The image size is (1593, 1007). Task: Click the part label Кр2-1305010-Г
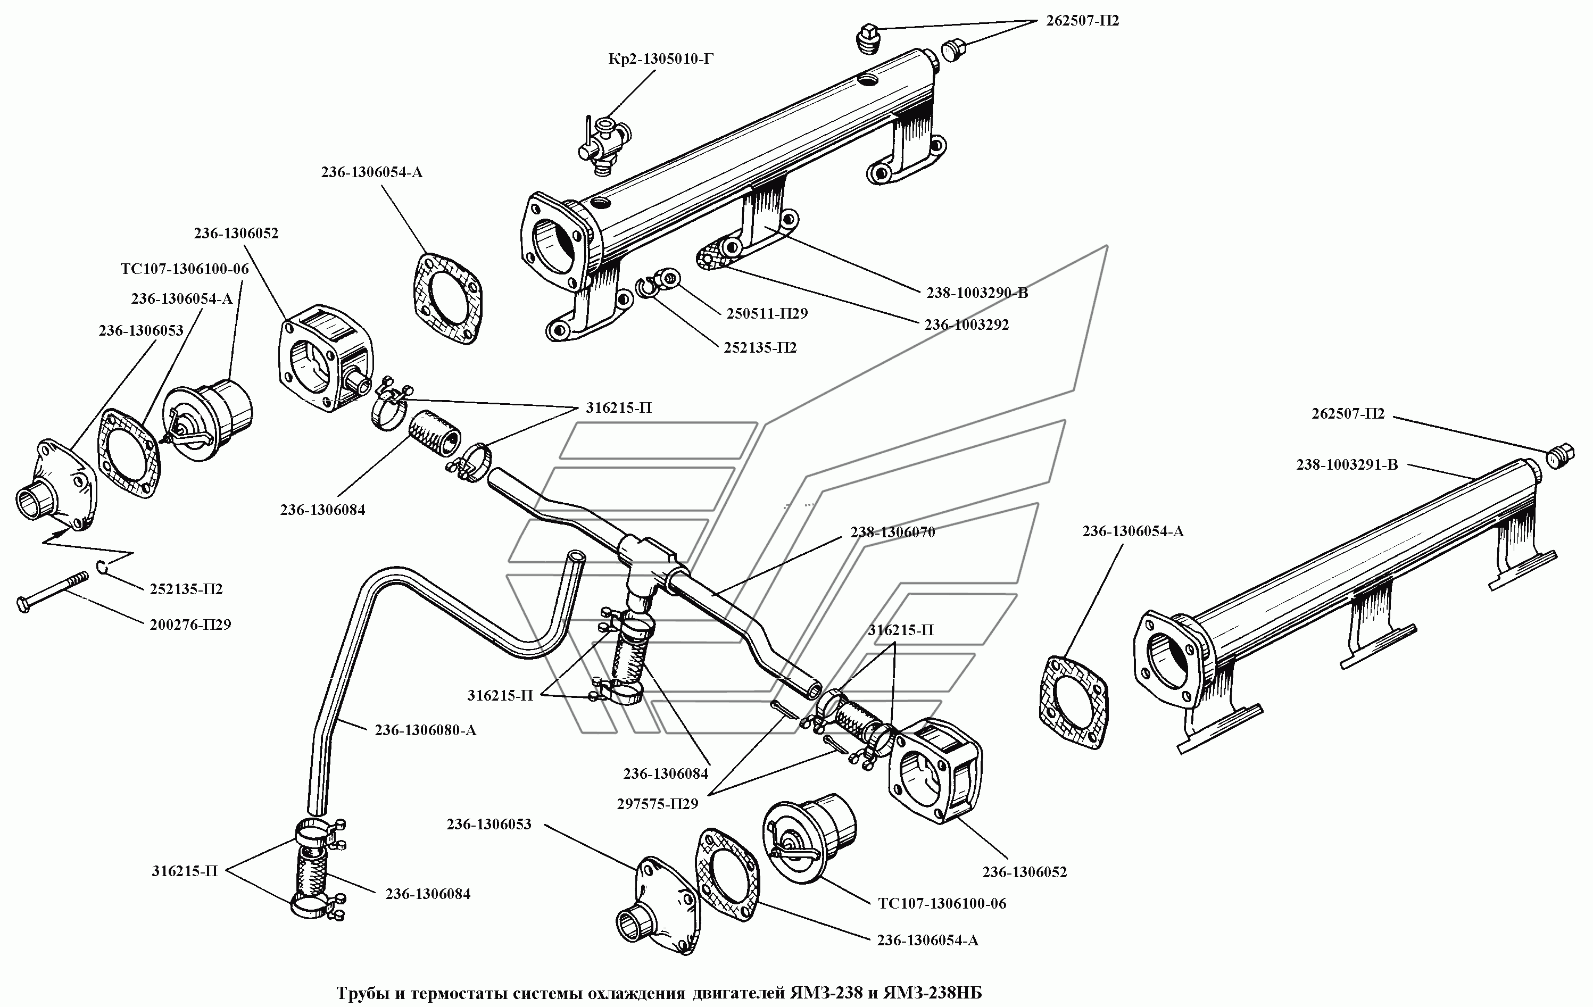click(x=661, y=60)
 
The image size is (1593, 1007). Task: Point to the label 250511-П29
click(x=767, y=314)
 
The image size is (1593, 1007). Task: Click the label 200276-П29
click(x=190, y=625)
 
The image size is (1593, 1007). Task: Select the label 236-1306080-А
click(x=425, y=730)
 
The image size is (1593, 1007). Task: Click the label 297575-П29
click(x=658, y=804)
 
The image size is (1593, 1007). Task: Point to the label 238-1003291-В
click(x=1347, y=465)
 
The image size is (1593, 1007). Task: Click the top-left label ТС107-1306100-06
click(x=185, y=269)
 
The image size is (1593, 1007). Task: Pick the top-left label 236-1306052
click(x=236, y=234)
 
